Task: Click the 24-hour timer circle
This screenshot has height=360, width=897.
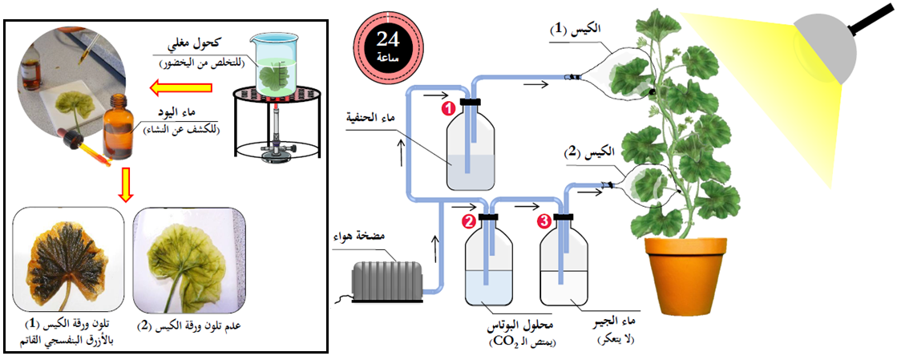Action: [391, 42]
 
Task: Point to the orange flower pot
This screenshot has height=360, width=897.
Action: [688, 278]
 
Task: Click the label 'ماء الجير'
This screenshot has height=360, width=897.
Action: [616, 323]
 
